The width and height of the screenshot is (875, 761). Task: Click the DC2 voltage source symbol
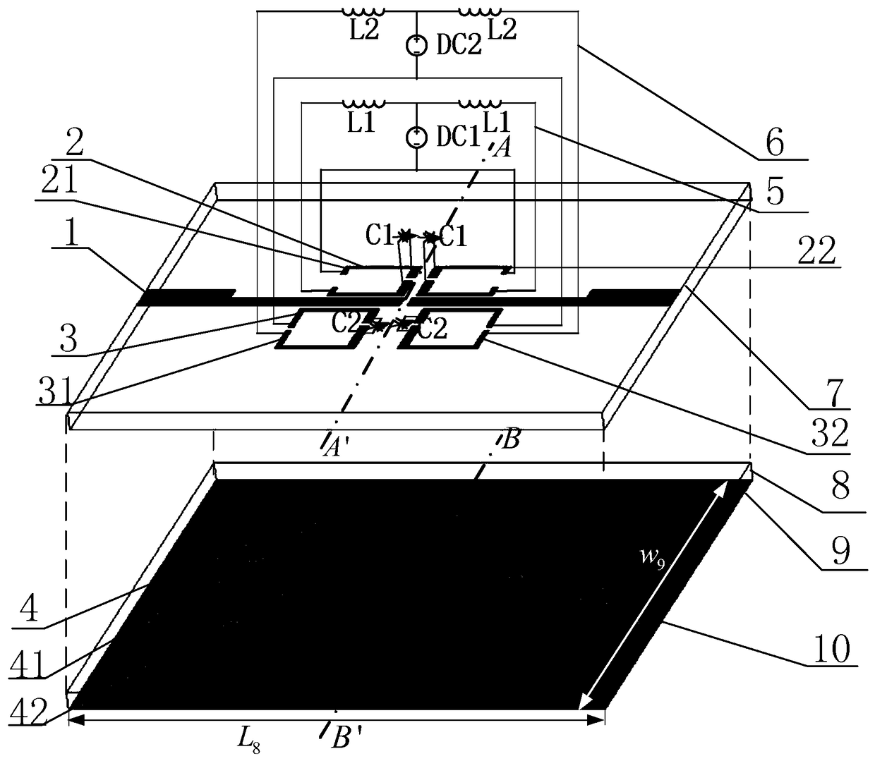(x=418, y=46)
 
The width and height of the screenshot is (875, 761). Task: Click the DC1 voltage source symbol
(x=418, y=135)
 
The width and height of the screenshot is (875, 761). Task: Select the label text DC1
(x=458, y=136)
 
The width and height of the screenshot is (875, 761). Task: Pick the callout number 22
(x=818, y=250)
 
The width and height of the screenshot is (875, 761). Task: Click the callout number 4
(x=29, y=609)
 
